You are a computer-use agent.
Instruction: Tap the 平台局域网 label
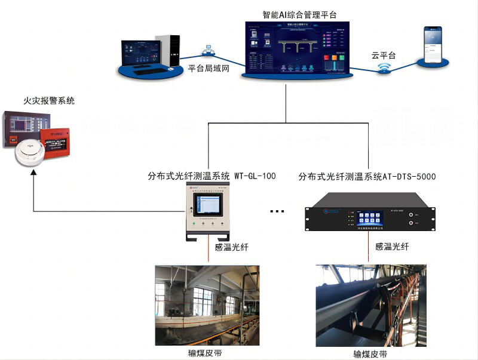click(209, 69)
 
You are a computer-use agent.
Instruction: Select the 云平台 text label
click(384, 56)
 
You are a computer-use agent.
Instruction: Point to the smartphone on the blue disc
click(433, 45)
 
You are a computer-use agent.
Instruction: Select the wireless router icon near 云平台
click(384, 69)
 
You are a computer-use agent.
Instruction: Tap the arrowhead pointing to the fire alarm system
click(33, 173)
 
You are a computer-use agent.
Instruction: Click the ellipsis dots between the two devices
click(278, 211)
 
